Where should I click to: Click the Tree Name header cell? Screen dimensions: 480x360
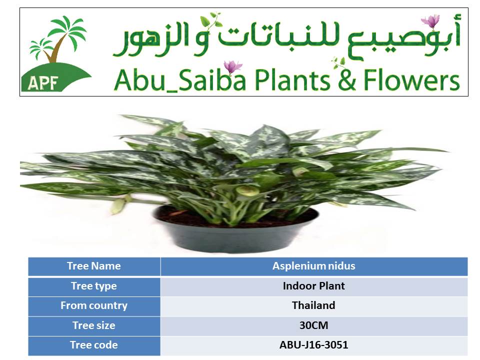(94, 266)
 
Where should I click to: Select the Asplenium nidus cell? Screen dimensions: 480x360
(314, 266)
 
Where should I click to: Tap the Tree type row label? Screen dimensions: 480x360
(94, 286)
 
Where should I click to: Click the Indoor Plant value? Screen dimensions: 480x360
(314, 286)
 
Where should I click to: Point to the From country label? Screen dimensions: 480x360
(94, 306)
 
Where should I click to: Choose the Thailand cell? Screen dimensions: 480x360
(314, 306)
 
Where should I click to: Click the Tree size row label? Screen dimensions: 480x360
(94, 325)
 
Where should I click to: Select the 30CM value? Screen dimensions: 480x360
(314, 325)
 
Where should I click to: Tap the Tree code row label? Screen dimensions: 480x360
(94, 345)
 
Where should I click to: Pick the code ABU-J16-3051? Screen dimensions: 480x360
(314, 345)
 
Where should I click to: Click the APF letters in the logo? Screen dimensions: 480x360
(42, 82)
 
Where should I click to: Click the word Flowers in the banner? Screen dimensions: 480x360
(411, 80)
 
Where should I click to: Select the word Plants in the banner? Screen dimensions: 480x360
(292, 80)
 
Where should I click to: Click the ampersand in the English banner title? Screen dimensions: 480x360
(347, 80)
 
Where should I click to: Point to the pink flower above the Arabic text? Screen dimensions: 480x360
(430, 21)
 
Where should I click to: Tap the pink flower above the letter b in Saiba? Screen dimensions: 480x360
(232, 66)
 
